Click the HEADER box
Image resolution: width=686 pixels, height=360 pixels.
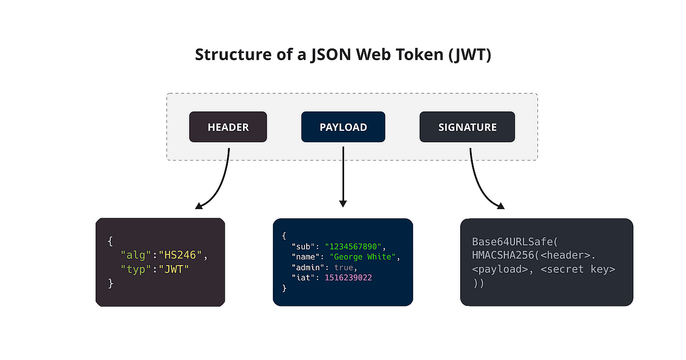pos(228,127)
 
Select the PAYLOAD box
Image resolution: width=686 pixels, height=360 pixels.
pos(343,127)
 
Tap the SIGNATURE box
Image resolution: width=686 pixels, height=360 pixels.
pos(467,127)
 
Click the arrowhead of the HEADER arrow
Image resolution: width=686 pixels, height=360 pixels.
pos(199,205)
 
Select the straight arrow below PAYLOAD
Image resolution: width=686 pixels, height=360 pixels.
pos(343,177)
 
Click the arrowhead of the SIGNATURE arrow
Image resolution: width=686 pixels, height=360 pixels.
pos(500,205)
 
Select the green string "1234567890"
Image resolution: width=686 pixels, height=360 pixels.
pos(355,246)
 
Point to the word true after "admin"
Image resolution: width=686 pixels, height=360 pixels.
pos(346,268)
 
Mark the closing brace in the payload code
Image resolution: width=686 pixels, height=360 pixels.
pos(284,288)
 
